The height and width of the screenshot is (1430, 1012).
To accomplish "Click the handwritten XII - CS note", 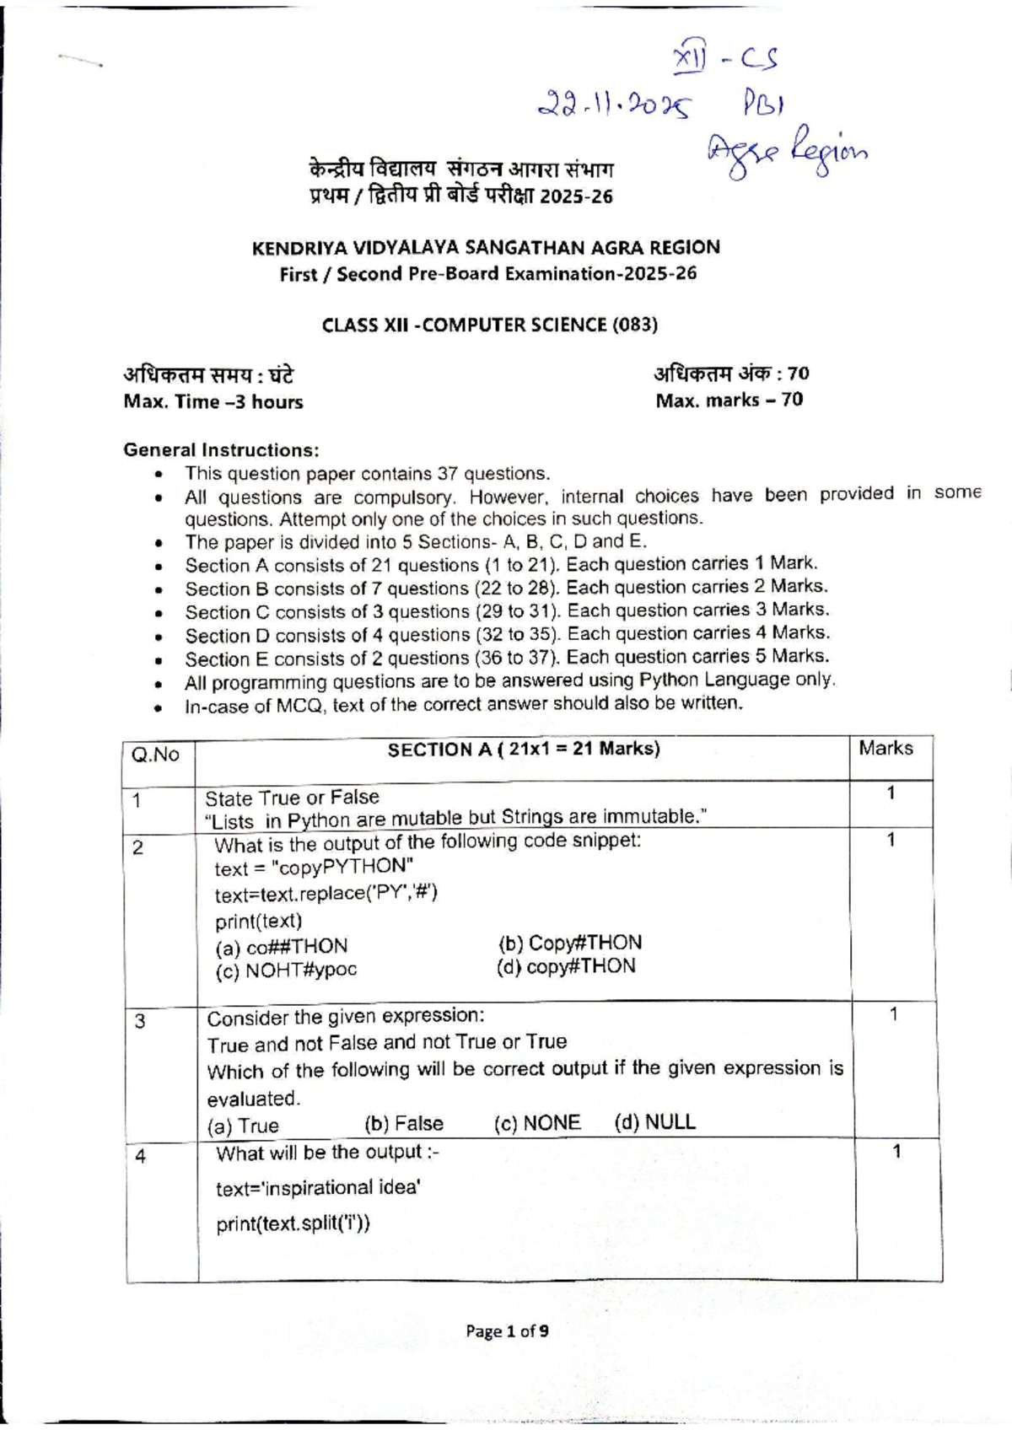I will (725, 59).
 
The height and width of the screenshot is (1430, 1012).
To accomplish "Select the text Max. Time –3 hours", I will (213, 402).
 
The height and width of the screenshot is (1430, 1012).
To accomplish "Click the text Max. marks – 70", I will (729, 400).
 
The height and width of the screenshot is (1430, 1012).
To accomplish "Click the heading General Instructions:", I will (221, 449).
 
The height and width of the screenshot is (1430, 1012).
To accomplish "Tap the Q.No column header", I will (156, 755).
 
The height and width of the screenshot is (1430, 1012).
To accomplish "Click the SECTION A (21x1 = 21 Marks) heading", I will (523, 749).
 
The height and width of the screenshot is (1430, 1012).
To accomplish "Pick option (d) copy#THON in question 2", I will (566, 966).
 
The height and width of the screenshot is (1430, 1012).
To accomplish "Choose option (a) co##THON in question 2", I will (281, 946).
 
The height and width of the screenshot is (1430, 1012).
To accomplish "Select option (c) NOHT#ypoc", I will (286, 970).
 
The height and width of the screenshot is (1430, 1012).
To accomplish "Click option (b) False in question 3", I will (403, 1123).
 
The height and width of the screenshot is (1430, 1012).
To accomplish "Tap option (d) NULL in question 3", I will (654, 1121).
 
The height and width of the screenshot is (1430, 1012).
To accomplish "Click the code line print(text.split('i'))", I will (293, 1223).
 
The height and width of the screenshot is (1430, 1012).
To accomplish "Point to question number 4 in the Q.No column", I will (140, 1156).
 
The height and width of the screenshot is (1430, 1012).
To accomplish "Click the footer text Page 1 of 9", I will (507, 1331).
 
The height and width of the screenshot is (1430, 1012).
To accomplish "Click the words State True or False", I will (292, 797).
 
